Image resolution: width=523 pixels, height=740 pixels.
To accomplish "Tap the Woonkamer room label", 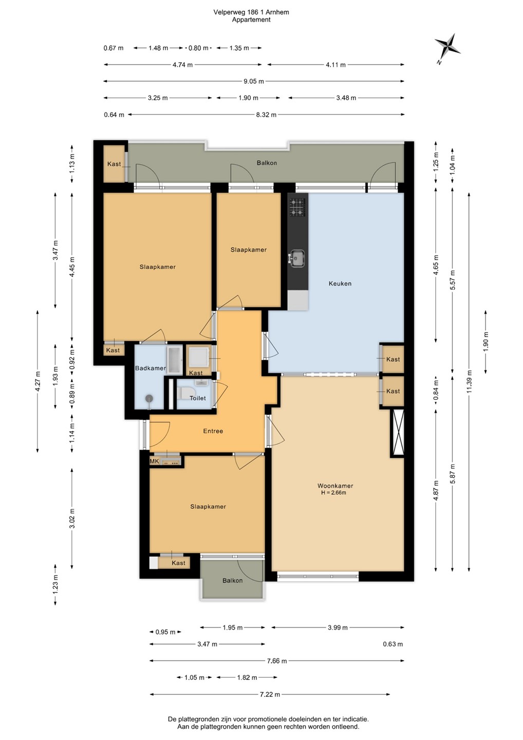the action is pos(335,486).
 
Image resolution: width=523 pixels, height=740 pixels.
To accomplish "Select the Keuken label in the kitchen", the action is pos(340,284).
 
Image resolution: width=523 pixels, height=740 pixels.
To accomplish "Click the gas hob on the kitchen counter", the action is pos(297,208).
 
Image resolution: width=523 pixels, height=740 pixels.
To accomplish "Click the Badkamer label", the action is pos(150,368).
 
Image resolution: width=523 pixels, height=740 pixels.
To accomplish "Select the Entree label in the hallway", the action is pos(213,431).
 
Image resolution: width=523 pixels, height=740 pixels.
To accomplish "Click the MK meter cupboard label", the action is pos(155,461).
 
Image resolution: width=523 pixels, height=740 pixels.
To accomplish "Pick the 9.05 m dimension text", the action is pos(254,81).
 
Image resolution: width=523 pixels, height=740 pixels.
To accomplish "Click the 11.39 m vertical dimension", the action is pos(469,381).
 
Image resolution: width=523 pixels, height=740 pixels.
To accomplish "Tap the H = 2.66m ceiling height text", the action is pos(333,492).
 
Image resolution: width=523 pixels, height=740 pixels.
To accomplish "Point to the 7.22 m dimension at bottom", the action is pos(270,694).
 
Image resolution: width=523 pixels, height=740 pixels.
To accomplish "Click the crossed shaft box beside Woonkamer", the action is pos(397,433).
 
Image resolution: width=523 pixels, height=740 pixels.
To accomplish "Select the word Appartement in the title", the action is pos(251,20).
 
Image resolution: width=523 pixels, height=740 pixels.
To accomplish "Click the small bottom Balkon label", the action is pos(232,581).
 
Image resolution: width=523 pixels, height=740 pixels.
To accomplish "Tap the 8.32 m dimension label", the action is pos(266,115).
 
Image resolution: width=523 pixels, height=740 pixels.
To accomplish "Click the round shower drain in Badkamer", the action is pos(150,398).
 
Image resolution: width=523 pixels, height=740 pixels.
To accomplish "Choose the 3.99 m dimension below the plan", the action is pos(338,627).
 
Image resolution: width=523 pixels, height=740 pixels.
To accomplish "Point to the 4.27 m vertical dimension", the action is pos(38,381).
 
